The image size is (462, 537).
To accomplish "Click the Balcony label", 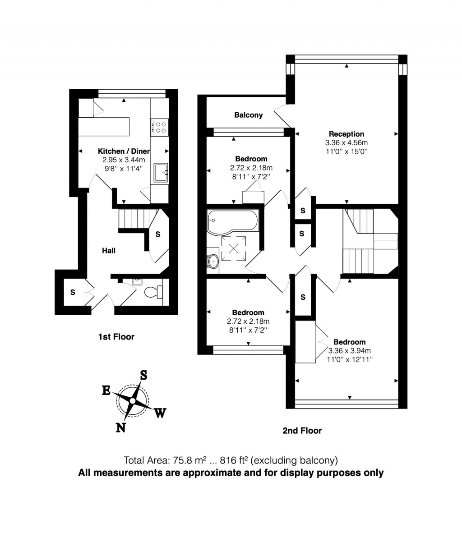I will click(x=248, y=115).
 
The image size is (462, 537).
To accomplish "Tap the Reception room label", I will click(x=346, y=134).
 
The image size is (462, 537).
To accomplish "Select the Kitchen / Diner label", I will click(x=124, y=151).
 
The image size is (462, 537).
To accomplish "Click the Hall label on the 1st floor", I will click(x=108, y=250).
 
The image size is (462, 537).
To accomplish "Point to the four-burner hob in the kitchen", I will click(x=159, y=127).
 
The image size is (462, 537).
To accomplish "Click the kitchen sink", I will click(x=161, y=172).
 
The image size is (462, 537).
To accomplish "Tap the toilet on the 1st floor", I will click(x=153, y=293).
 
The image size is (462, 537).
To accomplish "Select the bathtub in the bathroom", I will click(x=232, y=221).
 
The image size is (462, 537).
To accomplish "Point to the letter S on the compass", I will click(x=143, y=375).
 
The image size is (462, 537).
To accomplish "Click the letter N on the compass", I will click(x=120, y=427).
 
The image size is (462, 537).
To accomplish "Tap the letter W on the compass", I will click(x=160, y=413).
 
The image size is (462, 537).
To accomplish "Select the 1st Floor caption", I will click(x=116, y=336).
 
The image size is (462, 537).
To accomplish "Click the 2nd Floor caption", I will click(x=302, y=431).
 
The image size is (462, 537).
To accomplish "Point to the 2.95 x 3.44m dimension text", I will click(x=123, y=160).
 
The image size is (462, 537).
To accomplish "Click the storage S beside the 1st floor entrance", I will click(x=73, y=292).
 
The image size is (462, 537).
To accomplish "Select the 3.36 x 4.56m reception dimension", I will click(x=346, y=142).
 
